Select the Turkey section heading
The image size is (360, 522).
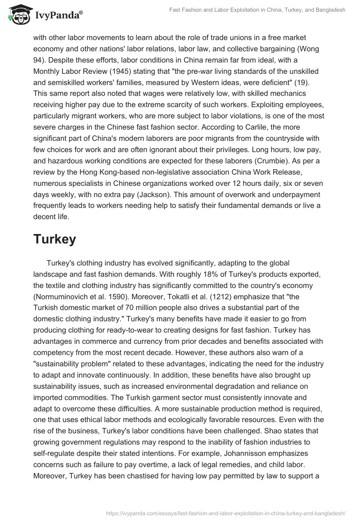tap(54, 239)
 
